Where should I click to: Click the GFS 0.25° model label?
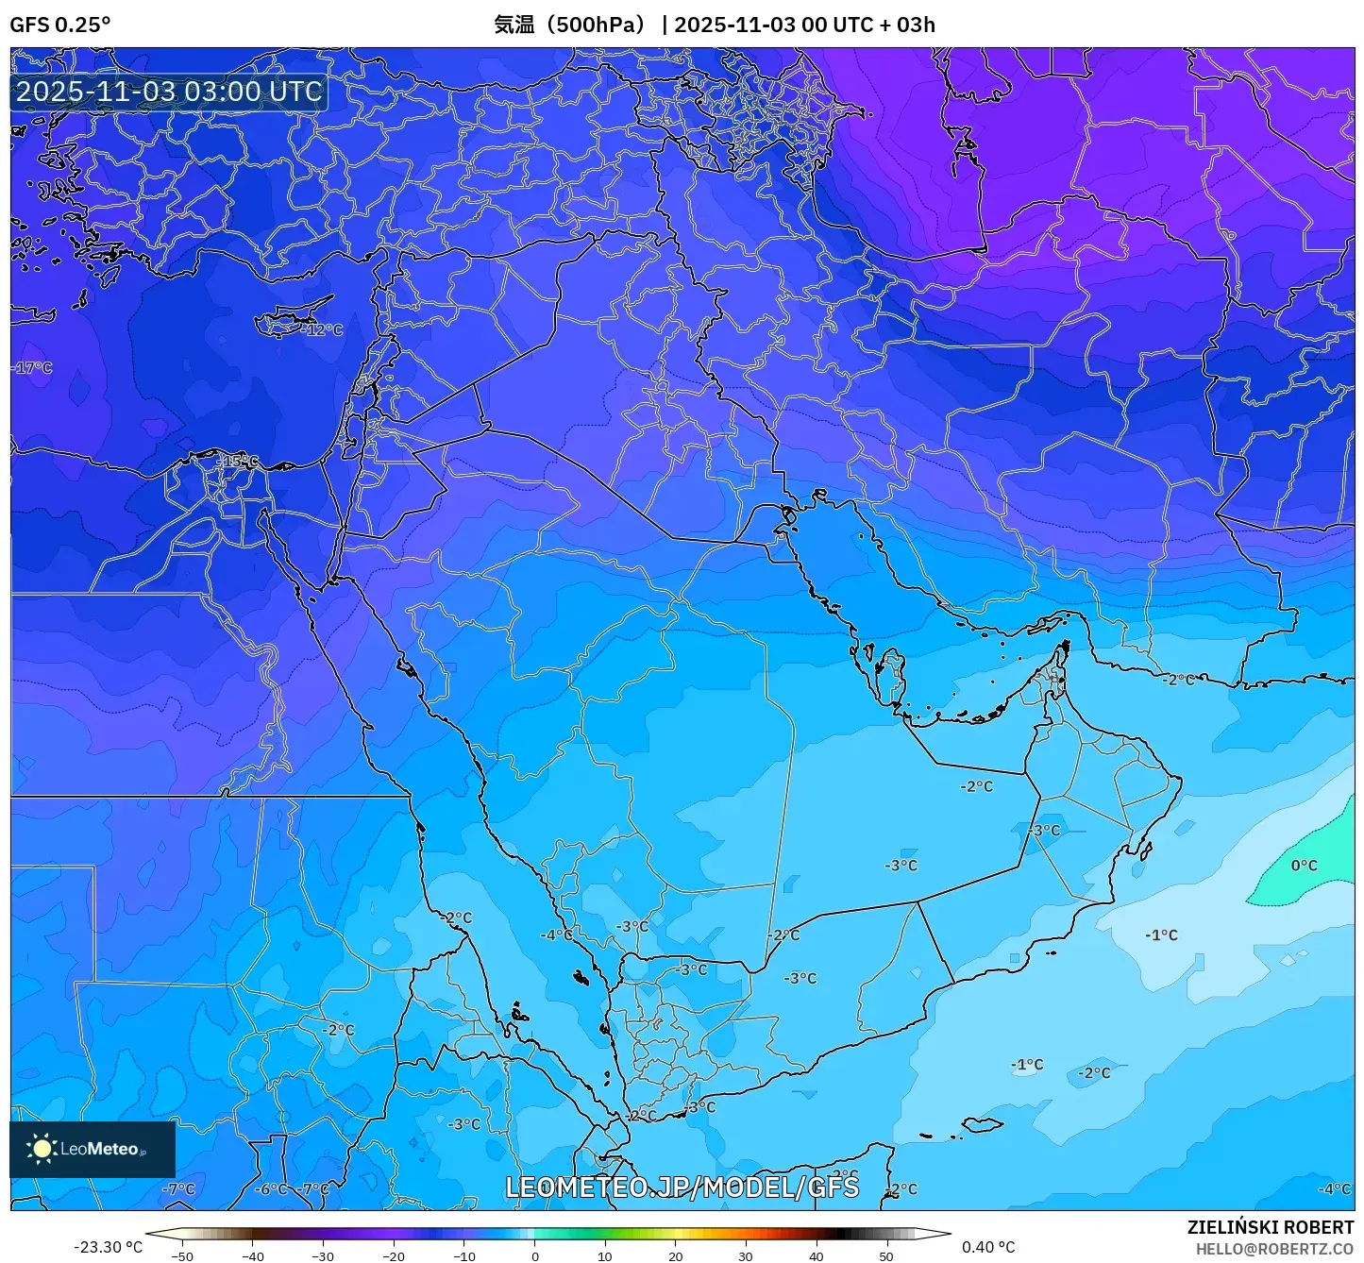pos(59,25)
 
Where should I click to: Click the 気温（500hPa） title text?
pos(568,25)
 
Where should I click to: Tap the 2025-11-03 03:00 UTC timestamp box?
pos(169,93)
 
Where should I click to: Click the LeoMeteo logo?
pos(92,1149)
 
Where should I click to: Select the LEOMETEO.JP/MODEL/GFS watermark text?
pos(682,1187)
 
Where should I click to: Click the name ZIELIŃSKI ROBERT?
pos(1270,1227)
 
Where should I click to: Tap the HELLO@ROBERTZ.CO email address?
pos(1274,1249)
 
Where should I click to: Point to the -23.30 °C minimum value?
pos(108,1247)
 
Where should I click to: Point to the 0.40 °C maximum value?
pos(988,1247)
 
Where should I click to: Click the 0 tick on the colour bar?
pos(534,1256)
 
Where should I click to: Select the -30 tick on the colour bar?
pos(323,1256)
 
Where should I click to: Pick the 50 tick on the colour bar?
pos(885,1256)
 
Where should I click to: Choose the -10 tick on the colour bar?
pos(463,1256)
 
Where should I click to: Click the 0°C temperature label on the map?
pos(1304,866)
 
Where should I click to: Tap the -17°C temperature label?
pos(33,368)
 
